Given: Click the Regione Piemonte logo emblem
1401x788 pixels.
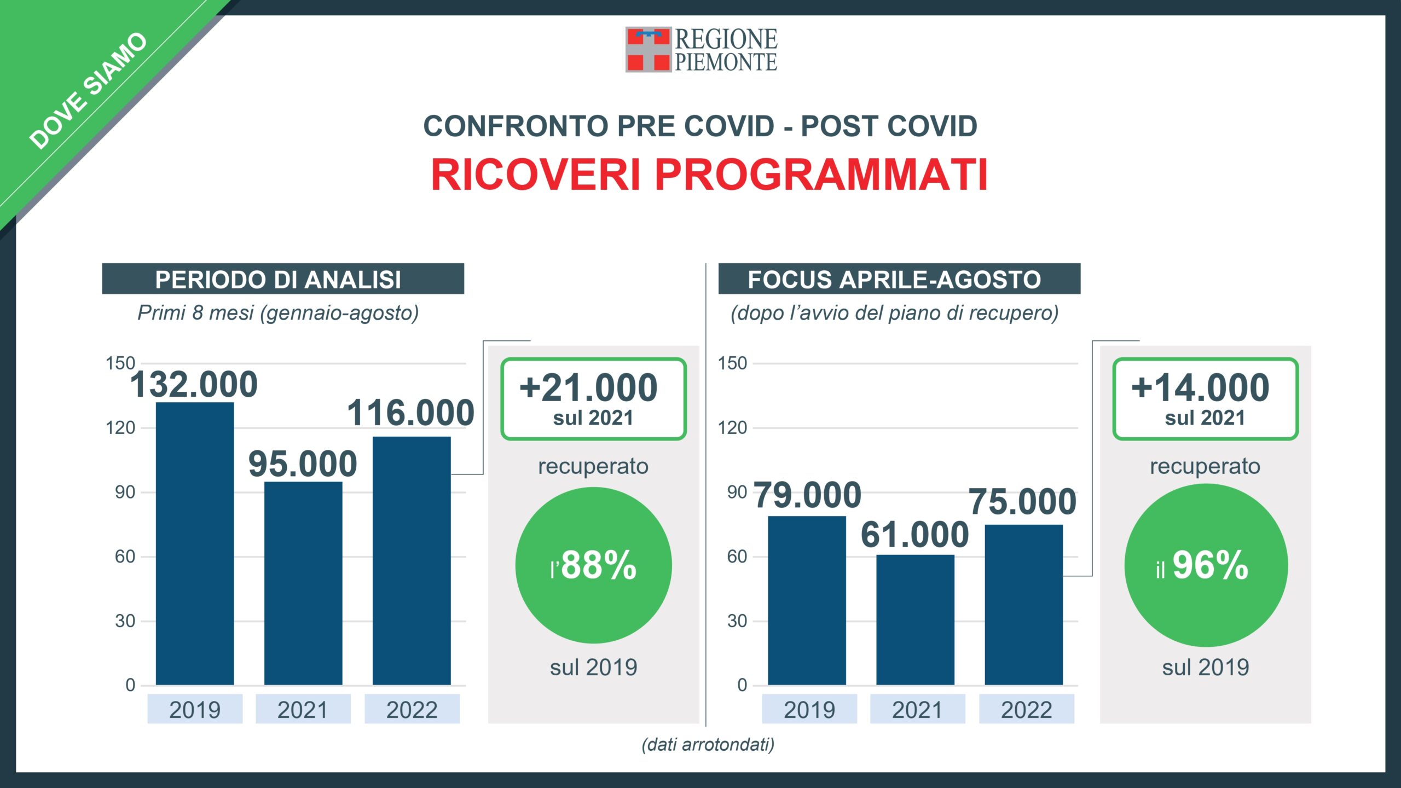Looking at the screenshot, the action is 648,49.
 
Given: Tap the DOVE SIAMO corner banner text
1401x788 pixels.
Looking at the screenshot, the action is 88,91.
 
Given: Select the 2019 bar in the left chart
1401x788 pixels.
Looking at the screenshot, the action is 195,543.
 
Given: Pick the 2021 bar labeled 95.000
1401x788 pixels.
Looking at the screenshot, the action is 303,583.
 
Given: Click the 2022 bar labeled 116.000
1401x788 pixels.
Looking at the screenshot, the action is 412,561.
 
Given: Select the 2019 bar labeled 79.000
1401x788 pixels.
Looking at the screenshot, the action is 807,600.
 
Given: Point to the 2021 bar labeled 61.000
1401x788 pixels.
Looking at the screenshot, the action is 915,620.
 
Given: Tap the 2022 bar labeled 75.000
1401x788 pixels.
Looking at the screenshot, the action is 1024,605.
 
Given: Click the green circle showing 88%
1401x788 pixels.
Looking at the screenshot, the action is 593,565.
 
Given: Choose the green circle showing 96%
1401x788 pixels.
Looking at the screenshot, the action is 1206,565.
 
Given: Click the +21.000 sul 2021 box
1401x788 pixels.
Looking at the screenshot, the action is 593,399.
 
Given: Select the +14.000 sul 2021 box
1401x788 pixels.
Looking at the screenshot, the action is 1205,399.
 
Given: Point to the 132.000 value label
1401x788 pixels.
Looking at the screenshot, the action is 194,384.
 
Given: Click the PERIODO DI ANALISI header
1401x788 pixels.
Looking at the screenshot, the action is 283,279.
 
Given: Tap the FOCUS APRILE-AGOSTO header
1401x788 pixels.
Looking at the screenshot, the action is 899,279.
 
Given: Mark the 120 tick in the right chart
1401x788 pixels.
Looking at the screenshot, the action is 732,427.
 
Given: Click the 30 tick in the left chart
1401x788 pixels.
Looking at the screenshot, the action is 125,621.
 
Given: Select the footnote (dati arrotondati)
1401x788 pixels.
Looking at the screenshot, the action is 708,744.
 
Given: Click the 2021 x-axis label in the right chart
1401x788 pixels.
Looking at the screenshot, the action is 917,710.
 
